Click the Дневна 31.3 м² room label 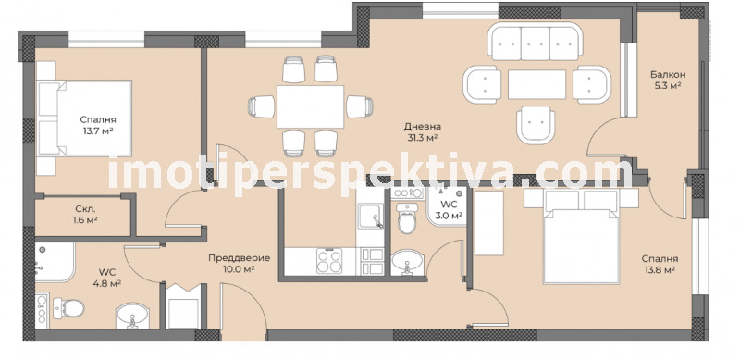pos(422,131)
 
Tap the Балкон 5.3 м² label pos(667,80)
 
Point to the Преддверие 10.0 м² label pos(240,263)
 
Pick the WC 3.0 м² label pos(450,210)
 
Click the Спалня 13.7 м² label pos(98,125)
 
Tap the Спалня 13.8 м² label pos(660,264)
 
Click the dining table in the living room pos(311,106)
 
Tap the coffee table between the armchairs pos(536,84)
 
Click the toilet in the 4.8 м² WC pos(68,308)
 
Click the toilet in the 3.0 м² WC pos(406,218)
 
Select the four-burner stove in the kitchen pos(329,261)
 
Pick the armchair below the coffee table pos(536,124)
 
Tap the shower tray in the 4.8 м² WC pos(55,262)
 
